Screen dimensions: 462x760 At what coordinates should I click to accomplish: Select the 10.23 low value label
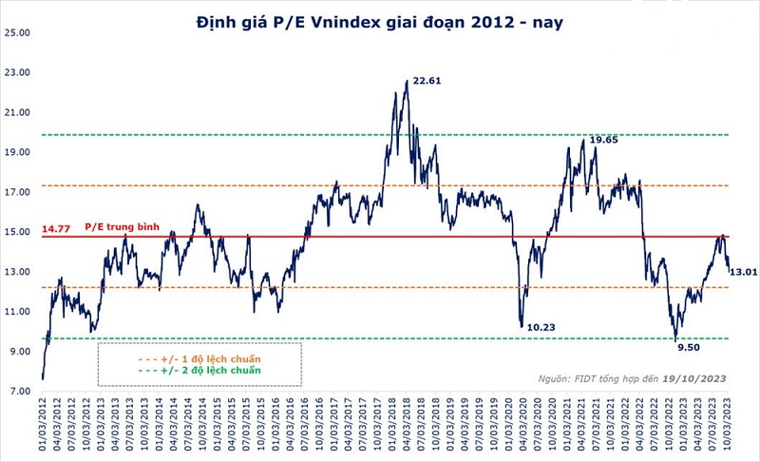click(541, 327)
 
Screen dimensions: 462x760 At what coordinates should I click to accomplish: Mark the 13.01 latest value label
click(743, 273)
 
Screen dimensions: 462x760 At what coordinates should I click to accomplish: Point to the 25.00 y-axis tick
click(19, 32)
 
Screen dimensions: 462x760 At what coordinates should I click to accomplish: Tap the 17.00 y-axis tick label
click(19, 192)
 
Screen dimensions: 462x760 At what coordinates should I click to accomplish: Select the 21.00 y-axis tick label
click(19, 112)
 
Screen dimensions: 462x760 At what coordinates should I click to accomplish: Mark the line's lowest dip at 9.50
click(675, 340)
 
